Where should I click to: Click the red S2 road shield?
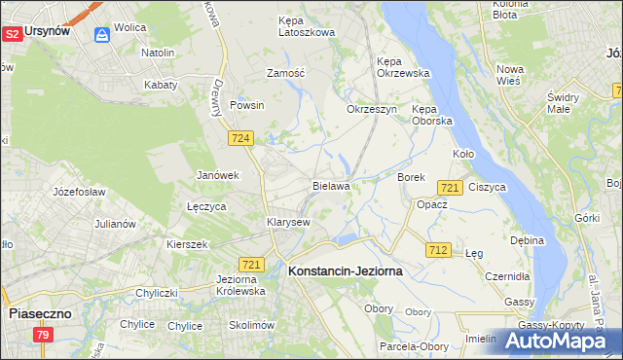tap(12, 34)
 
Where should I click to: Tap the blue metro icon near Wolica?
tap(102, 35)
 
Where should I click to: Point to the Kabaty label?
tap(161, 85)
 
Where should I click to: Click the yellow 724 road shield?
tap(242, 139)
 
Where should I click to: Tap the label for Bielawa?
tap(331, 185)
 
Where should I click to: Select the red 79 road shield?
tap(43, 335)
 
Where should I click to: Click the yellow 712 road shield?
tap(438, 250)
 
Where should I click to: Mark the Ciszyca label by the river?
tap(487, 186)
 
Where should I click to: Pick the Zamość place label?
tap(286, 73)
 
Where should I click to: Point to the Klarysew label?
tap(288, 222)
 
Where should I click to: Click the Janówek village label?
tap(217, 175)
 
